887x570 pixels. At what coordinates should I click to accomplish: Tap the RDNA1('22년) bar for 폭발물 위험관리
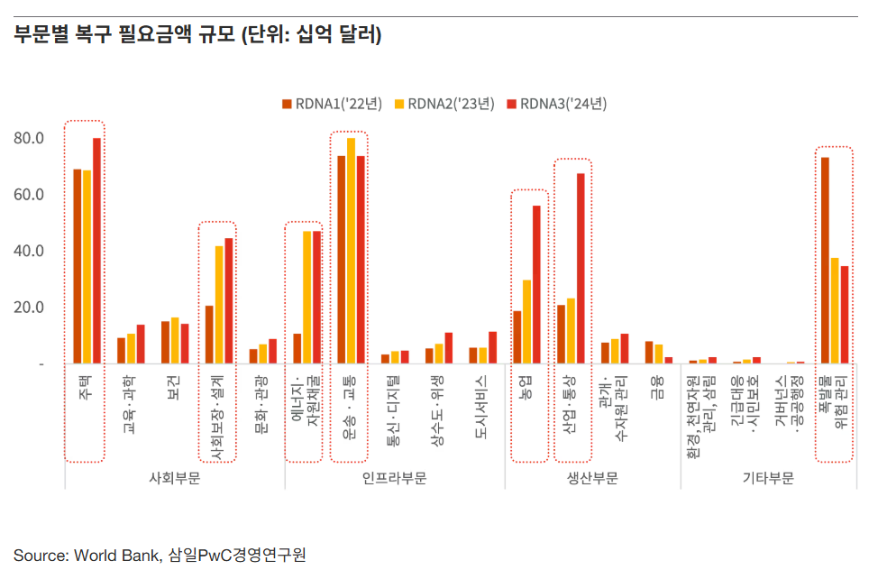tap(825, 261)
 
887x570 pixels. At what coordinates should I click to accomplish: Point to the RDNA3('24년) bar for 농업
tap(536, 284)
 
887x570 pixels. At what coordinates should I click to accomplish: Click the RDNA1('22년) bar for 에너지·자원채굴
tap(297, 348)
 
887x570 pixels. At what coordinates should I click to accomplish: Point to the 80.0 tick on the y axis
tap(29, 138)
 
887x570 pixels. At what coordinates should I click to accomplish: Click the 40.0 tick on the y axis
tap(29, 251)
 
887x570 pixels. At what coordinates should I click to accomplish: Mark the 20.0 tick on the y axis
tap(29, 308)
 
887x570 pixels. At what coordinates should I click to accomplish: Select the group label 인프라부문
tap(394, 478)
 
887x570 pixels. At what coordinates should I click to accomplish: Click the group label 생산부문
tap(592, 478)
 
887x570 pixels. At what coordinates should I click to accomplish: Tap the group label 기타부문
tap(768, 478)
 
